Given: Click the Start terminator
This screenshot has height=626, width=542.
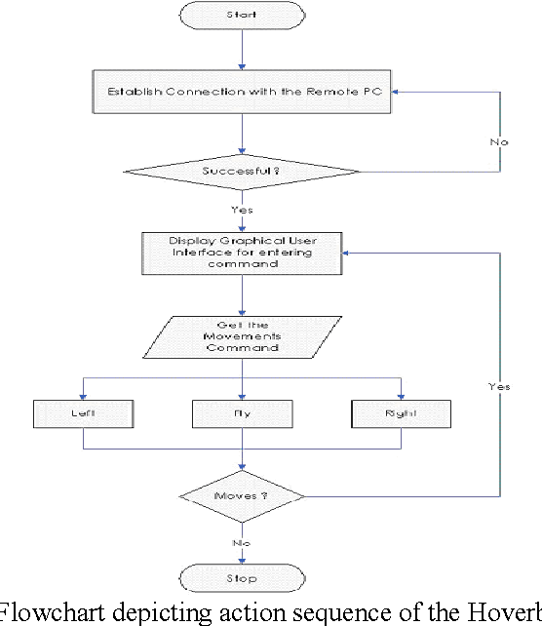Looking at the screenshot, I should pos(242,16).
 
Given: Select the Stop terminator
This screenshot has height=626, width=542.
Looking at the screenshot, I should pos(242,578).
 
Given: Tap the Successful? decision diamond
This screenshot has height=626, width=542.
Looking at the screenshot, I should pos(242,171).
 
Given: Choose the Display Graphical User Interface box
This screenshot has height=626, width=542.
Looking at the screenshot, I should pos(242,251).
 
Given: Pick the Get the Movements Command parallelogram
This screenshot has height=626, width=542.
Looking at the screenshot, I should pos(242,335).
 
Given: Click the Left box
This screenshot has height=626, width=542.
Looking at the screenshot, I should pos(83,413).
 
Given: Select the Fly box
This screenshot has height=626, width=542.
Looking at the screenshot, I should pos(242,413).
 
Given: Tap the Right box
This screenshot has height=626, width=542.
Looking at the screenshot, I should pos(400,413).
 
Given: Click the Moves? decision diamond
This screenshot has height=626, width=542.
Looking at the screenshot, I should pos(242,496).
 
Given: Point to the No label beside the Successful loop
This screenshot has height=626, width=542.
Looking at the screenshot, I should pos(499,142).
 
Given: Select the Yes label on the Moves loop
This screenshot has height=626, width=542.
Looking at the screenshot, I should pos(499,387).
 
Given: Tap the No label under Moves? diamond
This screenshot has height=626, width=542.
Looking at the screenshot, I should pos(240,541).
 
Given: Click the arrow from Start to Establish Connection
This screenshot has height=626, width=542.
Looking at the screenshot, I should pos(242,50).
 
